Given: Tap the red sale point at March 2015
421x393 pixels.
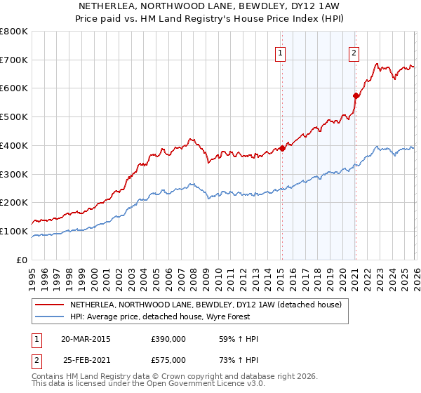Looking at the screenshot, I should pos(282,148).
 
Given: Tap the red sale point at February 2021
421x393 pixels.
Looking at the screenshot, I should pos(356,95).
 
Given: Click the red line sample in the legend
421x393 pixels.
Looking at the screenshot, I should pos(50,305).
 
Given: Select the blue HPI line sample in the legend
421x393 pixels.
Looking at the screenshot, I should pos(50,317).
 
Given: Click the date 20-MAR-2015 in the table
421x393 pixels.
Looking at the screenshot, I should pos(86,339).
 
